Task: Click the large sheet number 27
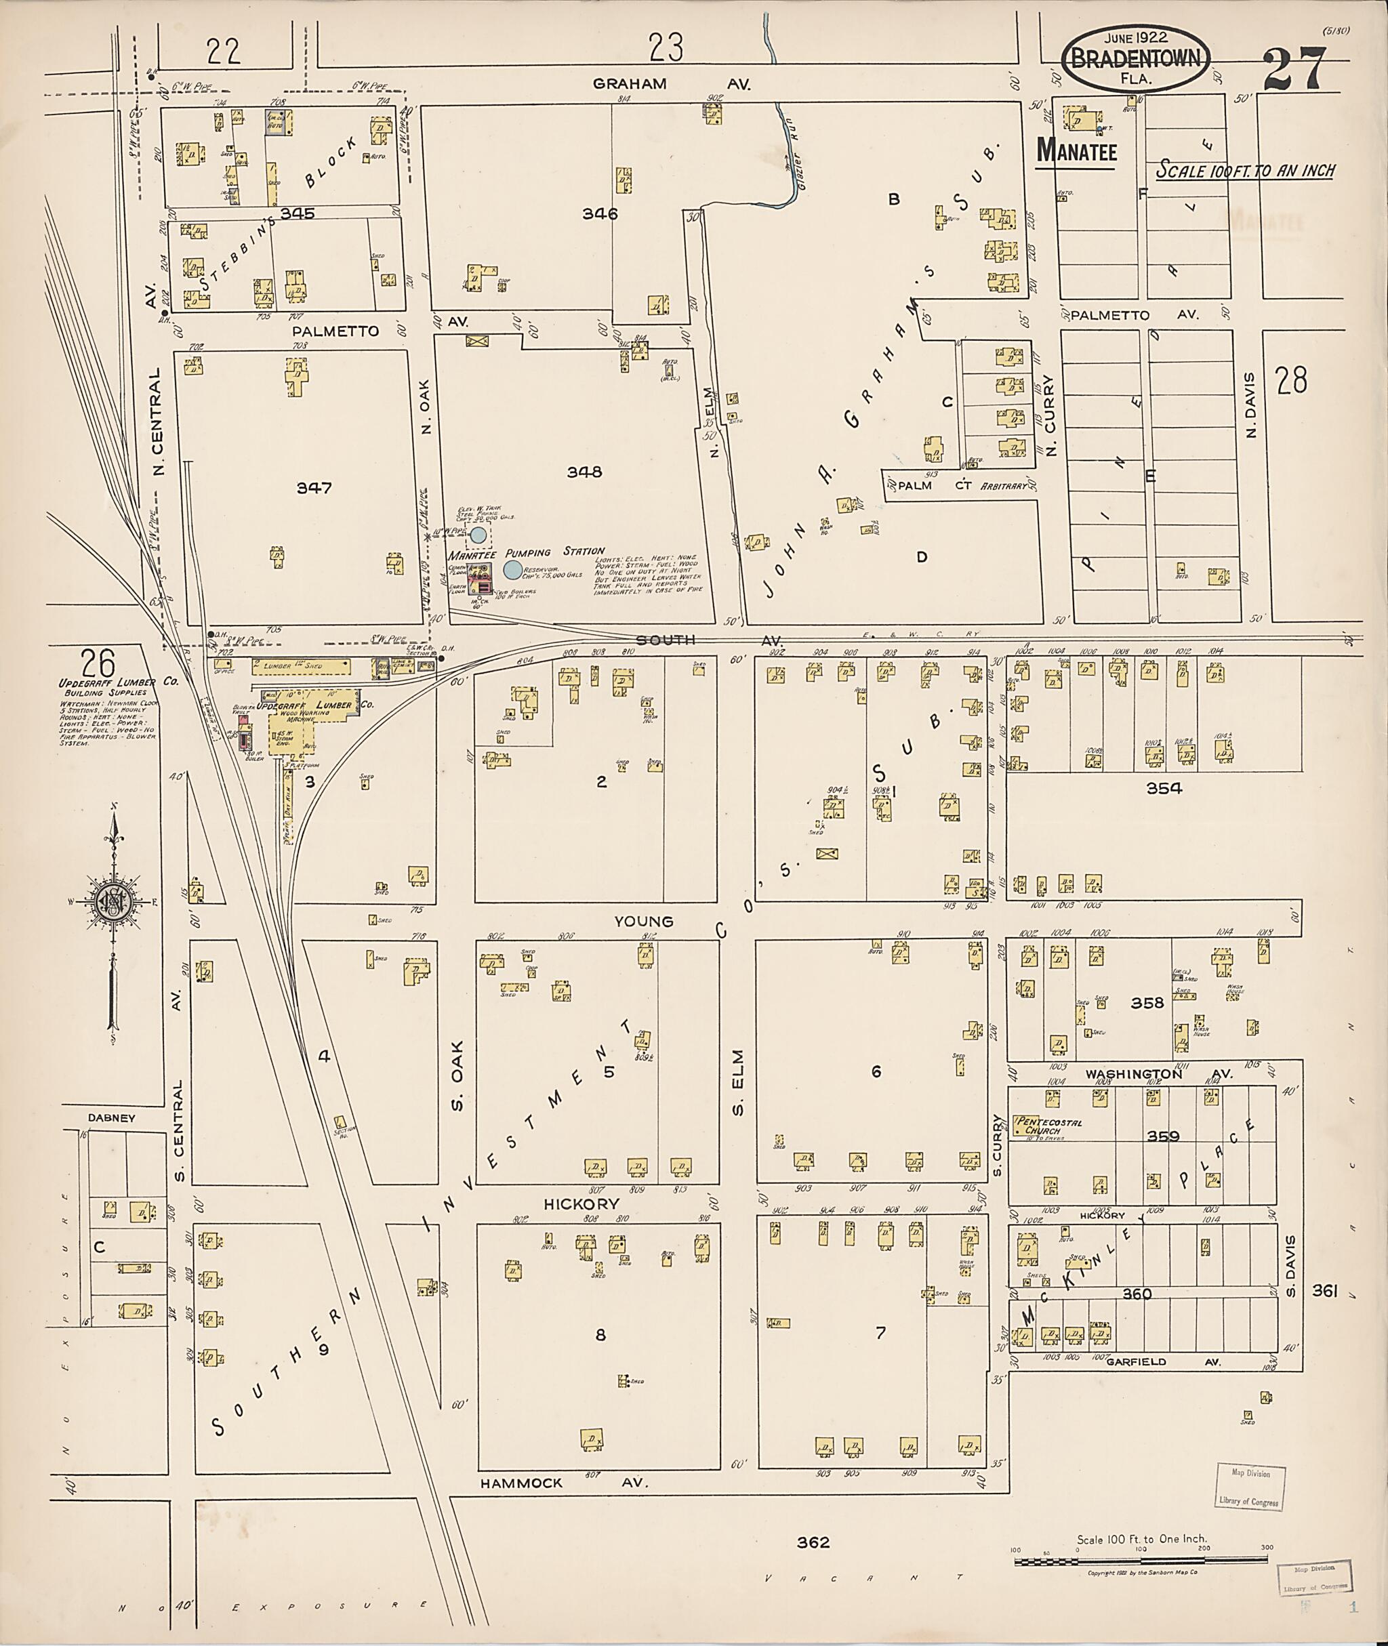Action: click(1295, 69)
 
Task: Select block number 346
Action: click(600, 213)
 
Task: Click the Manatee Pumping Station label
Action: click(526, 553)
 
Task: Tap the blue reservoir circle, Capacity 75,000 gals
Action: click(512, 571)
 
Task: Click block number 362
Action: click(813, 1542)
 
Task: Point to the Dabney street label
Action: click(111, 1118)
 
